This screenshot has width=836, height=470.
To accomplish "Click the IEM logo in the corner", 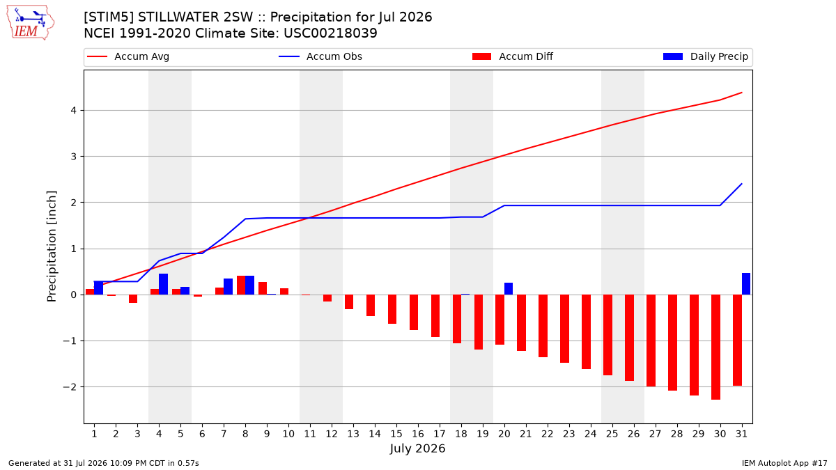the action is (31, 23).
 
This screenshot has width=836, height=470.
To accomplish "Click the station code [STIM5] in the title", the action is (109, 17).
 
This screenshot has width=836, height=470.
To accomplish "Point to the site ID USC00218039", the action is (330, 33).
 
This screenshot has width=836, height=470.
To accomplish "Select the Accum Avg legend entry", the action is (128, 56).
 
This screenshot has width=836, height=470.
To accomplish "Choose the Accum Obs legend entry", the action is (320, 56).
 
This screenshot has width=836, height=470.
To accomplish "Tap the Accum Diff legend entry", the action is (513, 56).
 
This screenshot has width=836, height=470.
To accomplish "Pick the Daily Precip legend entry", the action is (705, 56).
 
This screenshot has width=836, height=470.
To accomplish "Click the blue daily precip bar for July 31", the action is (745, 284).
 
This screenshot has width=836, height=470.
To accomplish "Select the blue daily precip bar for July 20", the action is (509, 289).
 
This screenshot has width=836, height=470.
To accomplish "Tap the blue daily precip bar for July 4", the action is (163, 284).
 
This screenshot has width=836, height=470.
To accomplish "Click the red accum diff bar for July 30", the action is (715, 347).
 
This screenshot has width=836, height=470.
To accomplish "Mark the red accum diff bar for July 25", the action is (607, 335).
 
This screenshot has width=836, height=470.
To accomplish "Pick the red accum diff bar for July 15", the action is (392, 309).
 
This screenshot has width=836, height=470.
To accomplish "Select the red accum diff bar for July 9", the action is (263, 288).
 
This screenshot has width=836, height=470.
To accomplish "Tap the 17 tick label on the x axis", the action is (440, 434).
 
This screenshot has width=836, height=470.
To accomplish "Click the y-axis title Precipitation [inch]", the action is (52, 246).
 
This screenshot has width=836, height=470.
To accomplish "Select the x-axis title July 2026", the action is (417, 448).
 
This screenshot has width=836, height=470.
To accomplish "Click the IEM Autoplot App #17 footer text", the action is (784, 463).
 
